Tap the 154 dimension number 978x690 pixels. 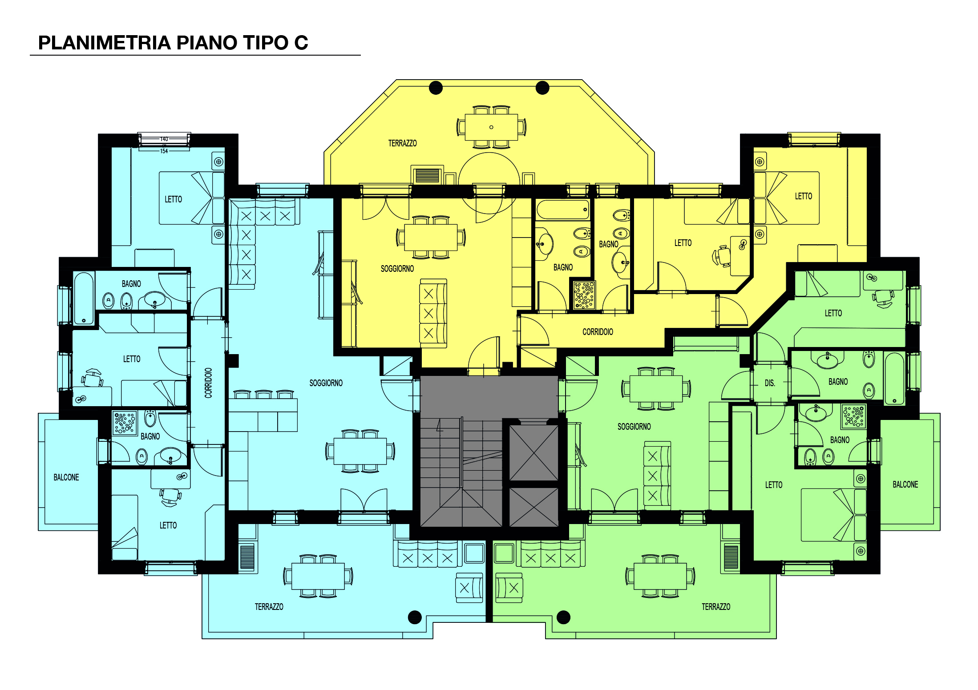pos(164,151)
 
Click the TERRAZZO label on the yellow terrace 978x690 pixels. pos(402,143)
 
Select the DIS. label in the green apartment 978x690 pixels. pos(770,383)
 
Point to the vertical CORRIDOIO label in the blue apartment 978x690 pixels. pos(208,383)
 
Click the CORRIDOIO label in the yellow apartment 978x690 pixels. pos(598,332)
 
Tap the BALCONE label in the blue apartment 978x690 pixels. pos(66,477)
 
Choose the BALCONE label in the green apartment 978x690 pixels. pos(905,484)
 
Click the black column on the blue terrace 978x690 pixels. pos(415,617)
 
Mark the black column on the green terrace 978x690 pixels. pos(563,617)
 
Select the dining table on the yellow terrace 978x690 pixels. pos(491,127)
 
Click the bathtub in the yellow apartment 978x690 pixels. pos(563,210)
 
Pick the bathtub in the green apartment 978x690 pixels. pos(894,378)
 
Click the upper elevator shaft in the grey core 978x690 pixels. pos(533,453)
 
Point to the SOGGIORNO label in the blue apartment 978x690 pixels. pos(326,383)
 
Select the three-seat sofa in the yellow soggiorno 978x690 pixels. pos(433,313)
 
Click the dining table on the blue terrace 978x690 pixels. pos(318,577)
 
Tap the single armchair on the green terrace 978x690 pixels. pos(509,588)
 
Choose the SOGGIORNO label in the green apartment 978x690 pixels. pos(634,427)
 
